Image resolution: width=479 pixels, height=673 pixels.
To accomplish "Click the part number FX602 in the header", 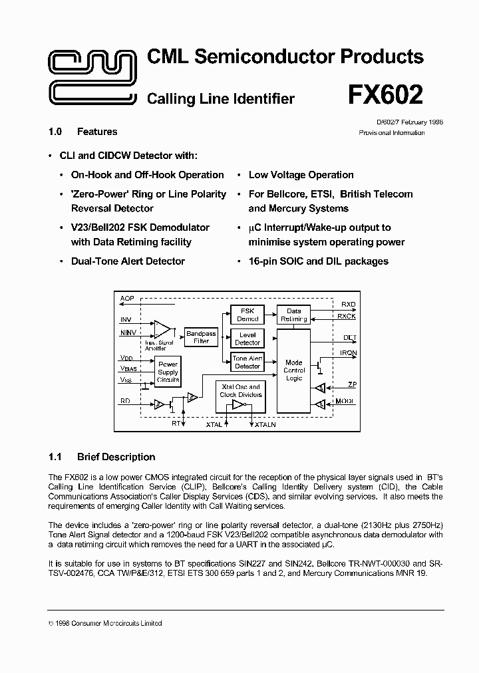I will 385,95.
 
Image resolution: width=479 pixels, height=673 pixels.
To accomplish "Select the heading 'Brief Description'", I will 116,457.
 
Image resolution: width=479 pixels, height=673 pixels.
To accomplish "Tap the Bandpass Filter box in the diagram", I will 201,337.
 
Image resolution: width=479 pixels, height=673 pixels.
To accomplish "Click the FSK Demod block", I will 247,315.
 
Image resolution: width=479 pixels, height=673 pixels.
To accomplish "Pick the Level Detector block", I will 247,338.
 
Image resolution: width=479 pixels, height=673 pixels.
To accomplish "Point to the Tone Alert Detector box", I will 247,362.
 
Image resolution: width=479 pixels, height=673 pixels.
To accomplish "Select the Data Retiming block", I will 293,315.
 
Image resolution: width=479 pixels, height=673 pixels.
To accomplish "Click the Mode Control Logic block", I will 293,370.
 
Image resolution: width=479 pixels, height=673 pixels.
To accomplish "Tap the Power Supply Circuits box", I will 168,372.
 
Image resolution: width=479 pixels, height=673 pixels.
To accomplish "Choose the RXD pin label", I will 349,305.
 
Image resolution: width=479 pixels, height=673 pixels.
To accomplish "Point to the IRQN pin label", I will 349,352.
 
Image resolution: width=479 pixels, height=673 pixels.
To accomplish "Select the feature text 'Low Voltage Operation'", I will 301,175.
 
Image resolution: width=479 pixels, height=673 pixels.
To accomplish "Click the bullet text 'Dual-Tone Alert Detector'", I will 128,261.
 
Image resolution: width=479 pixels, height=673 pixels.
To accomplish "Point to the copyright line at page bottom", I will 106,623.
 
